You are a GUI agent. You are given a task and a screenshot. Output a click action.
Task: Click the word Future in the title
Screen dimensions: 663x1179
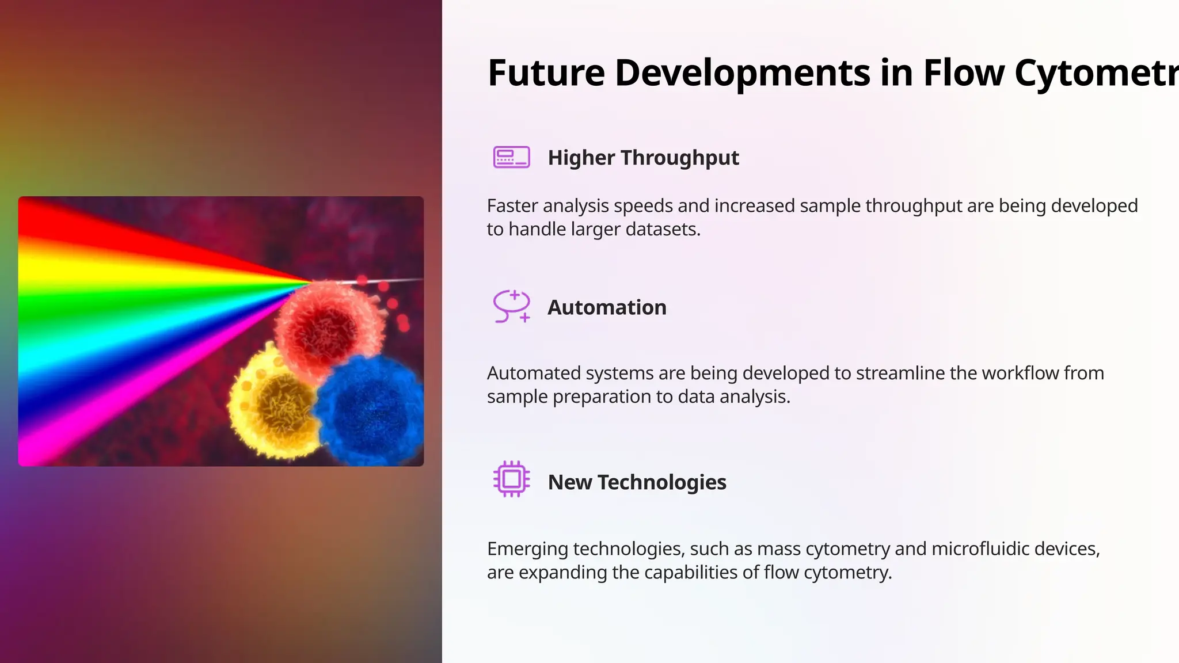click(x=546, y=73)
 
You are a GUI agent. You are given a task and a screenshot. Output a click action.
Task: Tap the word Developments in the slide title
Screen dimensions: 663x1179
click(x=742, y=73)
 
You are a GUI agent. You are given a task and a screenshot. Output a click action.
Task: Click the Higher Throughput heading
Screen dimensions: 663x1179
click(x=643, y=158)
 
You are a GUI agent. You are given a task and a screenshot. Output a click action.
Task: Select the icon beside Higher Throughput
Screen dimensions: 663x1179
click(x=511, y=157)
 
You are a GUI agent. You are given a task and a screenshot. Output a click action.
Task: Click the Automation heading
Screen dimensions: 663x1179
click(x=607, y=307)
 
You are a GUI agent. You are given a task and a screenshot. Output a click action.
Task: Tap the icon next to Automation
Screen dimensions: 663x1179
click(x=511, y=306)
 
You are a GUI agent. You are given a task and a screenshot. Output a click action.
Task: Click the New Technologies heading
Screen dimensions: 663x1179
click(x=637, y=482)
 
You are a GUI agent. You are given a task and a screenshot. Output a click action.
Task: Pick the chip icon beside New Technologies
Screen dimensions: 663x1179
click(x=511, y=479)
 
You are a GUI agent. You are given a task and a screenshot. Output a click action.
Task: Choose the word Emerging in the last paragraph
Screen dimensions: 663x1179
click(x=527, y=549)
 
